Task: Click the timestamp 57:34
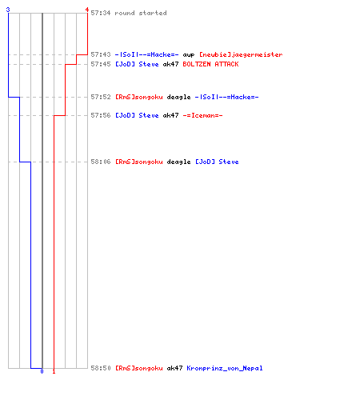101,13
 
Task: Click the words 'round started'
141,13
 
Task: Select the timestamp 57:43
101,54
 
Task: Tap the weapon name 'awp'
189,55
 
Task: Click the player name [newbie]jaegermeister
241,55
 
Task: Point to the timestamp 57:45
101,64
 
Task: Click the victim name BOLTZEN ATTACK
210,64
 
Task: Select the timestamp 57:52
101,97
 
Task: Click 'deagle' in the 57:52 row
178,98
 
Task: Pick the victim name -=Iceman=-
202,115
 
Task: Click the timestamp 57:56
101,115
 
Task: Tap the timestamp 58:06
101,162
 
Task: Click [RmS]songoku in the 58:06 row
139,162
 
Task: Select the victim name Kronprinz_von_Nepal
225,368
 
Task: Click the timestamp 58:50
101,368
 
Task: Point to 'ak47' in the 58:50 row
174,368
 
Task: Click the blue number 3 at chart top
8,10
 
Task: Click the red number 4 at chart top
87,10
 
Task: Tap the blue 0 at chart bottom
42,371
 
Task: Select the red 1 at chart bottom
54,371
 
